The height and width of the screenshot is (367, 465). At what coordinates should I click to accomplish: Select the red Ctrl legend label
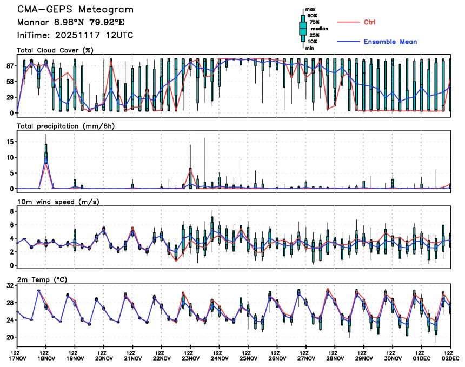pos(370,22)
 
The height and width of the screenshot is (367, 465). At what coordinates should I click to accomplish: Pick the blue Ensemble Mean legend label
pos(390,42)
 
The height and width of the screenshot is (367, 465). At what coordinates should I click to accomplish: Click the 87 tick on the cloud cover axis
pos(10,66)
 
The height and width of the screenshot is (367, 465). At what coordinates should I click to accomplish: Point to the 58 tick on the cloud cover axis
pos(10,82)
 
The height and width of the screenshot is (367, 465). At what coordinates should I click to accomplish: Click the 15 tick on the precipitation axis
pos(10,141)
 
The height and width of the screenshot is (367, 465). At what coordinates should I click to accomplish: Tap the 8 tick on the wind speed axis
pos(11,211)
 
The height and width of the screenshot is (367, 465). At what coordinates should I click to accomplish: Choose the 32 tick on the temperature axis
pos(10,286)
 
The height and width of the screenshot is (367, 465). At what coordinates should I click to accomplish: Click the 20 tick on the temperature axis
pos(10,337)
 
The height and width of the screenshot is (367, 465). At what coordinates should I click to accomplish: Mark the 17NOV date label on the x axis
pos(17,358)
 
